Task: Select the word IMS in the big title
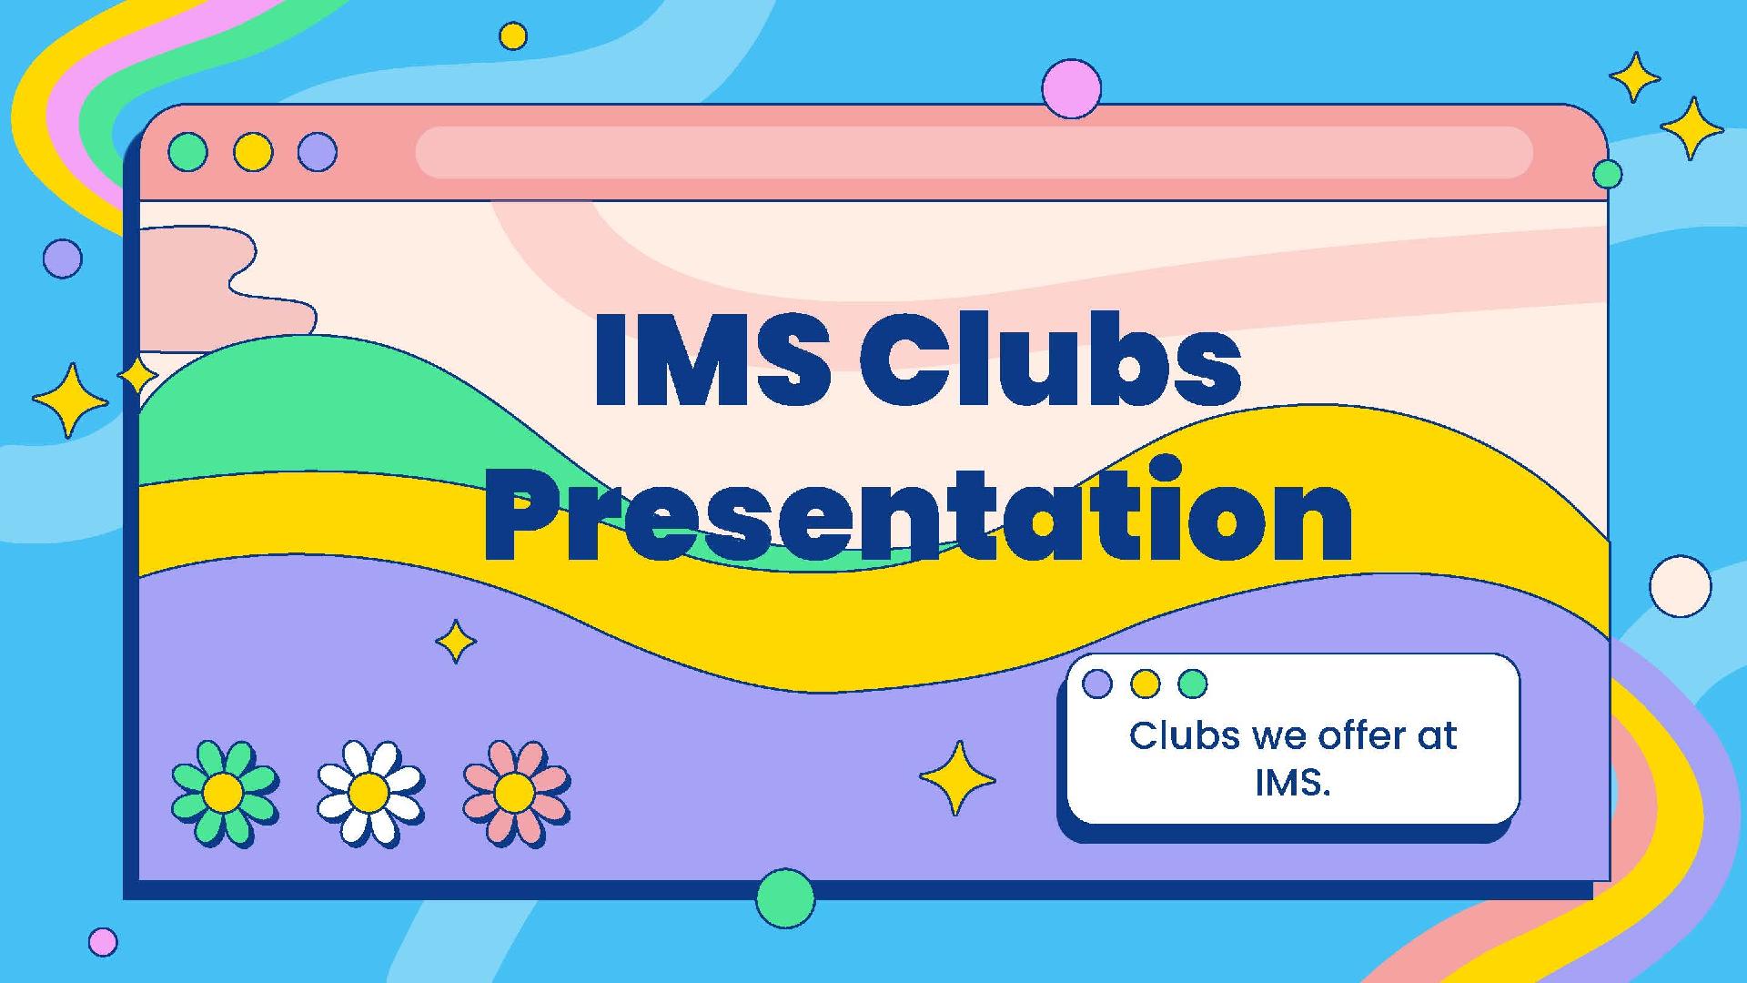[x=711, y=359]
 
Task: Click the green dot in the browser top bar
[x=188, y=152]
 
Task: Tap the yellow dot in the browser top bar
[x=253, y=152]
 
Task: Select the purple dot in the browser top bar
[x=318, y=152]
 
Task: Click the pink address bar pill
[x=974, y=152]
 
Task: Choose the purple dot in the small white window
[x=1097, y=684]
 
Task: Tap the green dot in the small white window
[x=1193, y=684]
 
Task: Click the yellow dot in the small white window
[x=1145, y=684]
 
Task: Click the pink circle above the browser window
[x=1072, y=89]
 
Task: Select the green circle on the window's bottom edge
[x=785, y=898]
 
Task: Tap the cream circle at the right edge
[x=1681, y=586]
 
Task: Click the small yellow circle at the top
[x=513, y=36]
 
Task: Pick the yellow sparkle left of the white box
[x=957, y=778]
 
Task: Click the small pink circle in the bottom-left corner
[x=103, y=942]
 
